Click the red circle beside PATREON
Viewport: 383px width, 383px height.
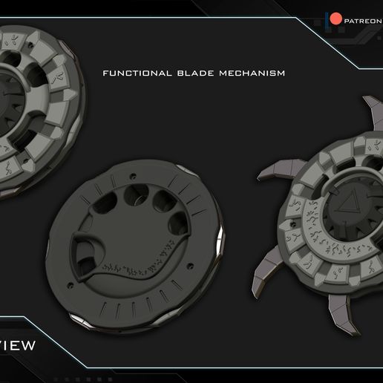[x=335, y=19]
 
